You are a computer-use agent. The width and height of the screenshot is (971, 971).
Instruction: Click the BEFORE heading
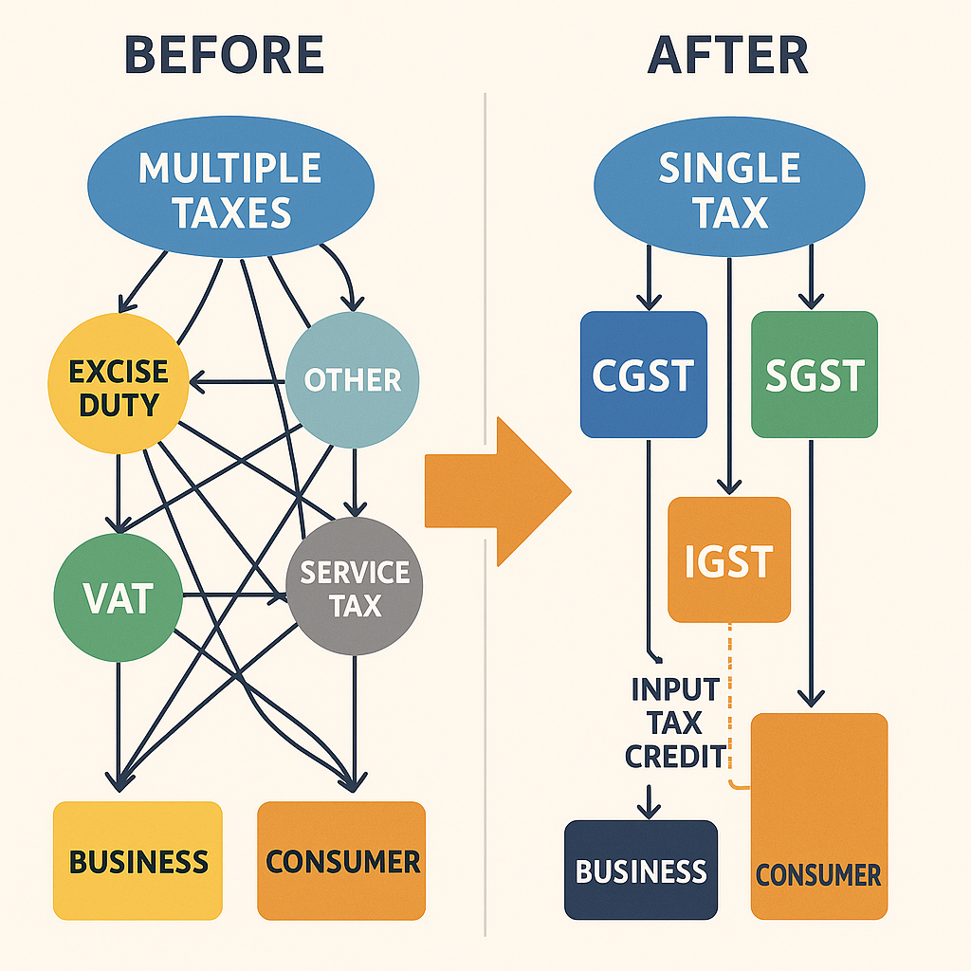pos(225,56)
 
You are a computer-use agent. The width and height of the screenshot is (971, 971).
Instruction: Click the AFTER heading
pos(728,56)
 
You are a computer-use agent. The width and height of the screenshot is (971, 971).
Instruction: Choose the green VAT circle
pos(118,597)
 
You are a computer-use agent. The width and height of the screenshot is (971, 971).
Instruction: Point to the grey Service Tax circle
pos(354,589)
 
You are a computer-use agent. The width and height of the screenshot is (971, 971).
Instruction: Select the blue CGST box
pos(643,375)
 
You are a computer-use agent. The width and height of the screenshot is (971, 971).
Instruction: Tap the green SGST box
pos(814,375)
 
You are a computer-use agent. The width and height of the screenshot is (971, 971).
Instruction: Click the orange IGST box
pos(728,559)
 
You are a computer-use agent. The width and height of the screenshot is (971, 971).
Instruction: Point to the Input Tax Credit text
pos(675,723)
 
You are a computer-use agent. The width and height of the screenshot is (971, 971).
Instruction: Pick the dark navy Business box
pos(641,870)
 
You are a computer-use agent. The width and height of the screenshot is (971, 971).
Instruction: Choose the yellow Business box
pos(137,860)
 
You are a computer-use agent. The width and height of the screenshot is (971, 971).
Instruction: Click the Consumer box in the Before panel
pos(341,860)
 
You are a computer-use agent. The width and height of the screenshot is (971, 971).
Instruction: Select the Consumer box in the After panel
pos(818,815)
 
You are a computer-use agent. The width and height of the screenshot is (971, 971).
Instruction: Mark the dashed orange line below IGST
pos(729,702)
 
